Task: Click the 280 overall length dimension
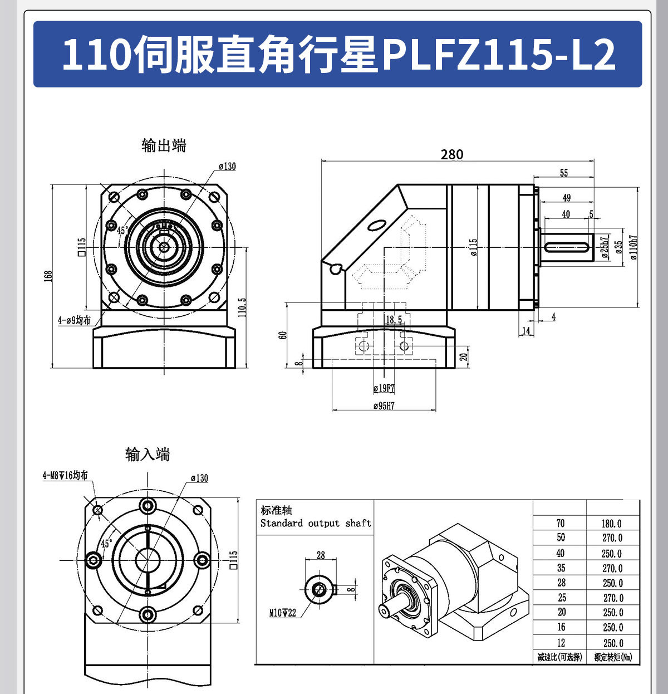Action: click(x=451, y=154)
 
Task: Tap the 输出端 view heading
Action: click(x=164, y=146)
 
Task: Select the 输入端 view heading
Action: click(x=148, y=454)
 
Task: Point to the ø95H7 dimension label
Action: click(x=384, y=406)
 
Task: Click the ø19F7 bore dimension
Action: click(x=384, y=388)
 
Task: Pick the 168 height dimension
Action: click(x=48, y=276)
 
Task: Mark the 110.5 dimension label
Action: click(x=242, y=307)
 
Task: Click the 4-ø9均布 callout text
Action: click(x=74, y=320)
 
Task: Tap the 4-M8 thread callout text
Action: click(x=65, y=475)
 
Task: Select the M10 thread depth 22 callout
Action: click(x=283, y=613)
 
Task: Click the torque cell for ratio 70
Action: click(x=612, y=524)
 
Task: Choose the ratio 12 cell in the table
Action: click(x=561, y=642)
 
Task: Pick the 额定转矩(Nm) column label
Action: click(x=613, y=657)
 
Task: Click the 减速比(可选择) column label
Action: click(x=559, y=657)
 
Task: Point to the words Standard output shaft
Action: click(x=316, y=524)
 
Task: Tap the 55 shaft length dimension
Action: click(x=564, y=173)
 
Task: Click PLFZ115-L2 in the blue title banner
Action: click(x=499, y=55)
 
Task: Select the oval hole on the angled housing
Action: click(x=377, y=226)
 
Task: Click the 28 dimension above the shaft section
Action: click(x=321, y=555)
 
